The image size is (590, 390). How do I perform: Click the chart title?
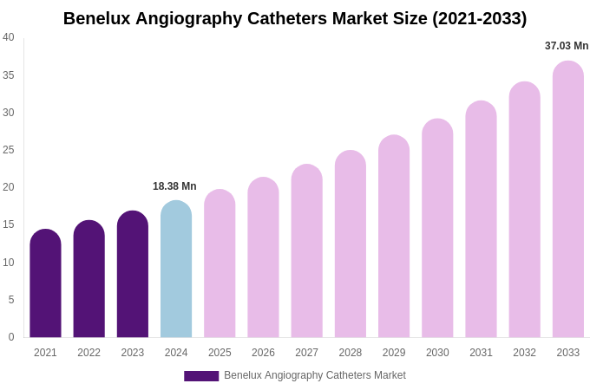pyautogui.click(x=295, y=18)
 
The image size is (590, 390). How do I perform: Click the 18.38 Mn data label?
pyautogui.click(x=174, y=186)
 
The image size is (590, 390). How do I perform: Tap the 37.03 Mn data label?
pyautogui.click(x=567, y=46)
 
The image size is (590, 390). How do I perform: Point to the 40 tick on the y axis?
pyautogui.click(x=9, y=37)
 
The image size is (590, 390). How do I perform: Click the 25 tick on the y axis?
pyautogui.click(x=9, y=150)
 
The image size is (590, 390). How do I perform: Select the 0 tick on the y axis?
pyautogui.click(x=11, y=337)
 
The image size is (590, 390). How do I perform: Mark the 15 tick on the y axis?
pyautogui.click(x=9, y=224)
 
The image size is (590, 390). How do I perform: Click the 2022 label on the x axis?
pyautogui.click(x=88, y=353)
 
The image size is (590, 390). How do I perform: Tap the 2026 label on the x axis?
pyautogui.click(x=263, y=353)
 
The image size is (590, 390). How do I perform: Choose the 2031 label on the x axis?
pyautogui.click(x=481, y=353)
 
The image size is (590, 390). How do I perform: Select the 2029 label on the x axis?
pyautogui.click(x=394, y=353)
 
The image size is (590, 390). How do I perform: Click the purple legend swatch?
pyautogui.click(x=201, y=376)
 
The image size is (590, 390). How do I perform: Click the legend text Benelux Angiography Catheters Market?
pyautogui.click(x=315, y=375)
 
